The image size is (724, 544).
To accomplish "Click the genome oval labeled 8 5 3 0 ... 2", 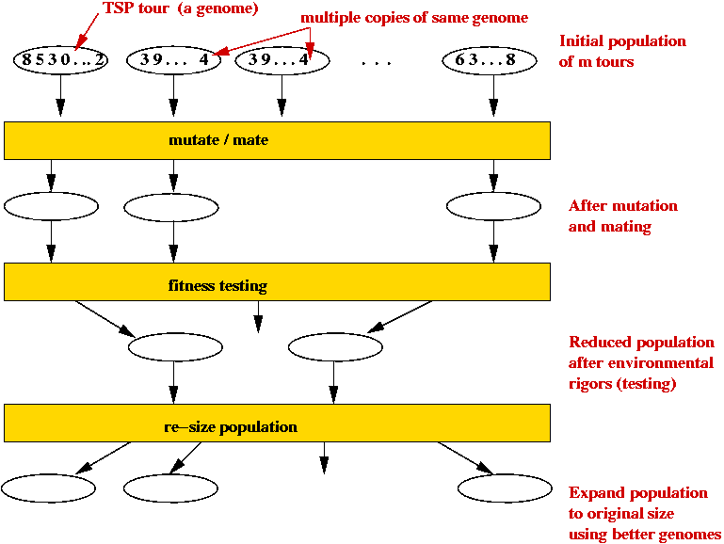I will [x=61, y=60].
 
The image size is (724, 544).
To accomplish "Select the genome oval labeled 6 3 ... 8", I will [x=492, y=60].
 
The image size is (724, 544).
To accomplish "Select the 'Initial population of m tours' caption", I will [x=622, y=51].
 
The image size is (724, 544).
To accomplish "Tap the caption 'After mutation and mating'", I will [x=622, y=216].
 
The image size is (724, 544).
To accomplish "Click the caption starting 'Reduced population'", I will [x=641, y=362].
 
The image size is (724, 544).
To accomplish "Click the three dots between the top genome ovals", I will [x=376, y=62].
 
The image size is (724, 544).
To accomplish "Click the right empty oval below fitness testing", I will [x=335, y=347].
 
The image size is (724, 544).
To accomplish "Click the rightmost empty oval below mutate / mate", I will [x=492, y=205].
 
